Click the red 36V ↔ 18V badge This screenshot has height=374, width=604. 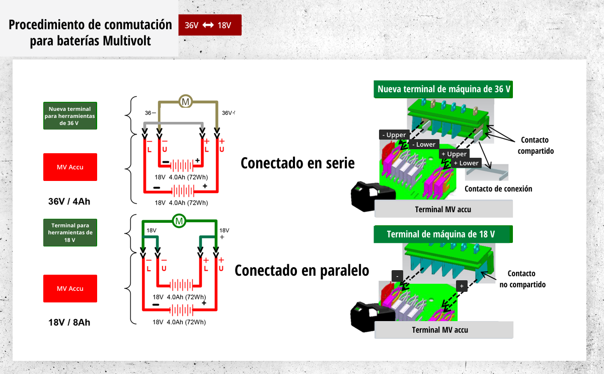point(210,25)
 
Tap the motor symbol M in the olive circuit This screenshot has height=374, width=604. point(186,101)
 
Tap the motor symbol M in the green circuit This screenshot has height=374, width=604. point(179,221)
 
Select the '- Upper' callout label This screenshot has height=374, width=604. point(394,135)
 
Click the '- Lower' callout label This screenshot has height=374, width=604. point(424,145)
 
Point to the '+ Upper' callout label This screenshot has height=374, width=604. point(454,154)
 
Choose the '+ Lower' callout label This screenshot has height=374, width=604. point(466,163)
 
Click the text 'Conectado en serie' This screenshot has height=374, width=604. point(297,163)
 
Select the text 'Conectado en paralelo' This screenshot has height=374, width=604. point(301,271)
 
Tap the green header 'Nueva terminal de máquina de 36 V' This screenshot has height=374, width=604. point(443,89)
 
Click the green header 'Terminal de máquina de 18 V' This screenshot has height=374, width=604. point(443,234)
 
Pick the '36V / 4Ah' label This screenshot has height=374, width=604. point(69,202)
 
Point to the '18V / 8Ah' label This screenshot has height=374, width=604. point(69,323)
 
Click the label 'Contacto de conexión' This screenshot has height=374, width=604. point(498,189)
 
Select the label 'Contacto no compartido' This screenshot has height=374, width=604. point(522,279)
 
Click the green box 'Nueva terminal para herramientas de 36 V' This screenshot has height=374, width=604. point(70,116)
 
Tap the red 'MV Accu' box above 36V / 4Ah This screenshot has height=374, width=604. point(70,167)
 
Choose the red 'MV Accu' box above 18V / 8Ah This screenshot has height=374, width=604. point(70,288)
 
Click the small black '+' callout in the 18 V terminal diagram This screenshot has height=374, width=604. point(462,286)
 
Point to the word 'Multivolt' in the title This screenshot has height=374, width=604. point(126,41)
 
